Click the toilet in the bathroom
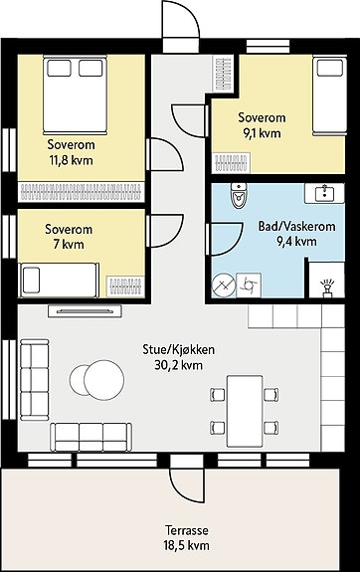239,196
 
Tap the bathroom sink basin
324,193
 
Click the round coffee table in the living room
104,380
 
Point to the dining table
245,411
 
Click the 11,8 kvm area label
72,160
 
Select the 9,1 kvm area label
262,133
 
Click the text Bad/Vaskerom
297,226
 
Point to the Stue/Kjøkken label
178,350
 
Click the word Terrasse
187,529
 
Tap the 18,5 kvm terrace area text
187,545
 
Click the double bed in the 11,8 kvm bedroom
75,95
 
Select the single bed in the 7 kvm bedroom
59,280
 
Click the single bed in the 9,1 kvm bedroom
330,95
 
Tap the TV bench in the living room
85,311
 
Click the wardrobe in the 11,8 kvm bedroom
81,192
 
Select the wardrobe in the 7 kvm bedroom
125,287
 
